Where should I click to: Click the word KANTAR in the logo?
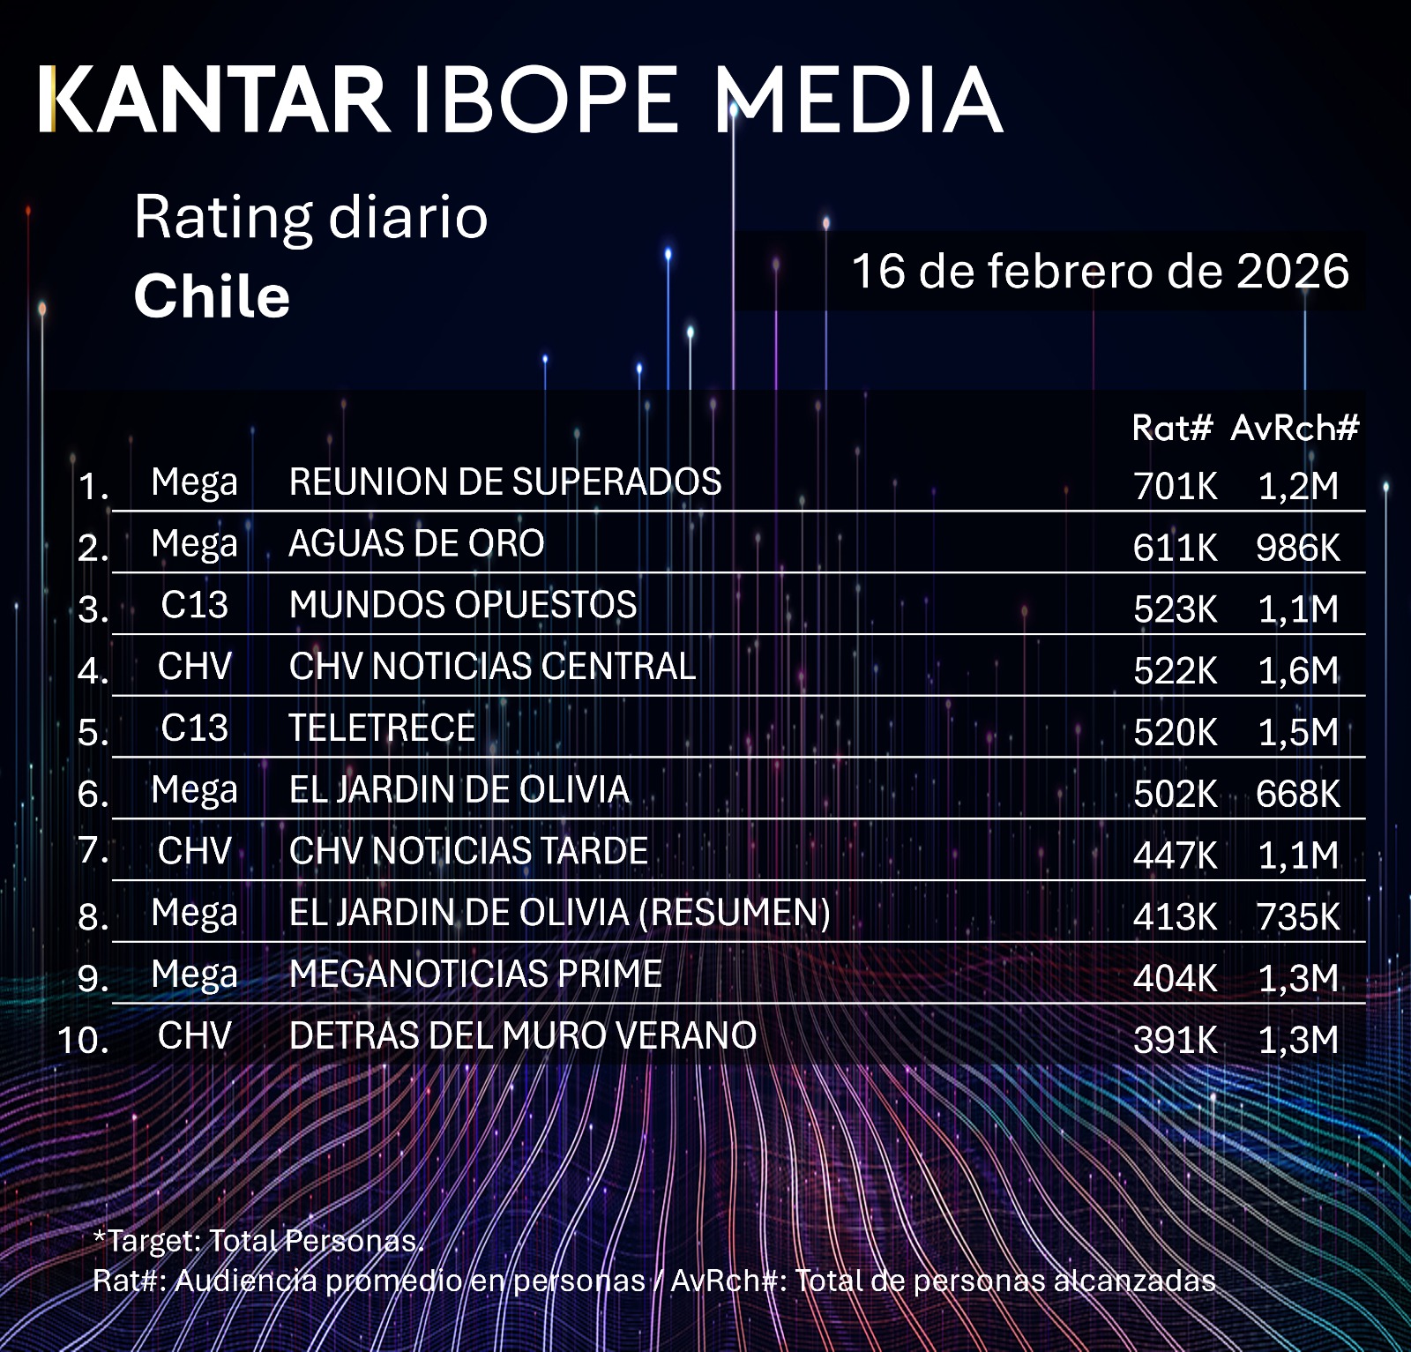coord(214,100)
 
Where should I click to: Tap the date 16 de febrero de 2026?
coord(1100,271)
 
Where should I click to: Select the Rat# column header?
coord(1172,429)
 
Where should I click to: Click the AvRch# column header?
coord(1295,429)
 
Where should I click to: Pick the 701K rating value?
coord(1175,486)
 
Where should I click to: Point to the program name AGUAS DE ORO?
coord(416,543)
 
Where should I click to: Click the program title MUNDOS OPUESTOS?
coord(463,605)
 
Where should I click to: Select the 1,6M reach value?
coord(1298,671)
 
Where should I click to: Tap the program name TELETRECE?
coord(382,728)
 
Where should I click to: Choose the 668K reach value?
coord(1297,795)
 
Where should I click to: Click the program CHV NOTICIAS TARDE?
coord(468,851)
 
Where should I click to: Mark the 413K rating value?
coord(1175,917)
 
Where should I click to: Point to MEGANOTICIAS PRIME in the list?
coord(475,975)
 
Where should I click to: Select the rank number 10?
coord(83,1040)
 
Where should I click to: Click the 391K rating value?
coord(1175,1041)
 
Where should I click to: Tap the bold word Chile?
coord(212,296)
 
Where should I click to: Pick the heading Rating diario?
coord(310,217)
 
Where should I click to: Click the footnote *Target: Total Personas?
coord(258,1241)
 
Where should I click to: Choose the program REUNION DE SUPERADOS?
coord(505,482)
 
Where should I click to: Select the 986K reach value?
coord(1297,549)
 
